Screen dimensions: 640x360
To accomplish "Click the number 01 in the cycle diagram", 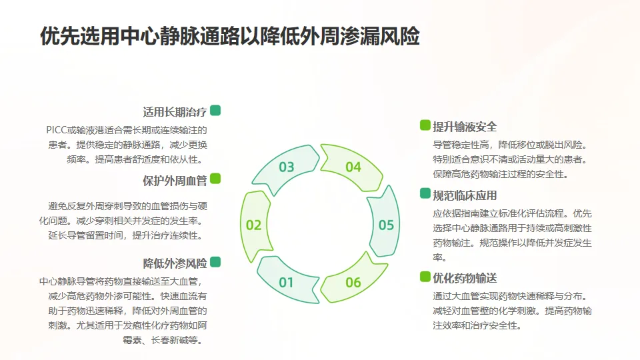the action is pyautogui.click(x=286, y=283).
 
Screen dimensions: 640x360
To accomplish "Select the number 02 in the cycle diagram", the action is pyautogui.click(x=253, y=225).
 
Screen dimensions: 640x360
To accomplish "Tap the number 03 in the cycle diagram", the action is pyautogui.click(x=287, y=167).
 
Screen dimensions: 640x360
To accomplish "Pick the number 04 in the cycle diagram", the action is pyautogui.click(x=353, y=167).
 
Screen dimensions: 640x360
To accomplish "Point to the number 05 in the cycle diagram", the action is pyautogui.click(x=387, y=225).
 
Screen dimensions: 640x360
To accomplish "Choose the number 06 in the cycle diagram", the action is pyautogui.click(x=353, y=283).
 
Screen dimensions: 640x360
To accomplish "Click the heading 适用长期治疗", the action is pyautogui.click(x=175, y=112).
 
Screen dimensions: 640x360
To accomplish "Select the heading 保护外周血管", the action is pyautogui.click(x=175, y=180).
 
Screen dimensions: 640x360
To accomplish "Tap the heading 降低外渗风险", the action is pyautogui.click(x=175, y=263).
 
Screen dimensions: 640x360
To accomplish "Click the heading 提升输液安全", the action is pyautogui.click(x=465, y=127).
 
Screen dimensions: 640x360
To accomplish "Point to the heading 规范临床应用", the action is pyautogui.click(x=465, y=195).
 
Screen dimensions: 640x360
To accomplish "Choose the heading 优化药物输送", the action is pyautogui.click(x=465, y=278).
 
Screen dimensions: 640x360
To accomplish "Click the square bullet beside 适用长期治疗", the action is pyautogui.click(x=215, y=111).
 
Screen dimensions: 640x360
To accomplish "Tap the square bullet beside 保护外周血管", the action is pyautogui.click(x=215, y=179).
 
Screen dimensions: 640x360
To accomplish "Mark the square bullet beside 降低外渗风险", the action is pyautogui.click(x=215, y=262).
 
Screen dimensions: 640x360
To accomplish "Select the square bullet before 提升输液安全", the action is pyautogui.click(x=425, y=125).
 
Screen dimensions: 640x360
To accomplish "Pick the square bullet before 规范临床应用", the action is pyautogui.click(x=425, y=193).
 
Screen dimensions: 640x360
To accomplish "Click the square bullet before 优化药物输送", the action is pyautogui.click(x=425, y=277).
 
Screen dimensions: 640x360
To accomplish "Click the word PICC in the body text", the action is pyautogui.click(x=58, y=130).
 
